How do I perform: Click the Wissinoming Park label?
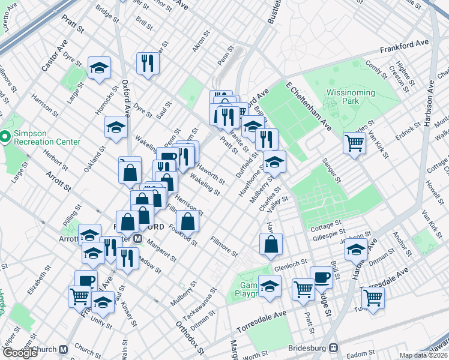[350, 98]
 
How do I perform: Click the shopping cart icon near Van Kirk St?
[355, 143]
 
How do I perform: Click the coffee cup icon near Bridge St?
[322, 277]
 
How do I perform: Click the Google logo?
[20, 353]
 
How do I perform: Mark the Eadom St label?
[364, 353]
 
